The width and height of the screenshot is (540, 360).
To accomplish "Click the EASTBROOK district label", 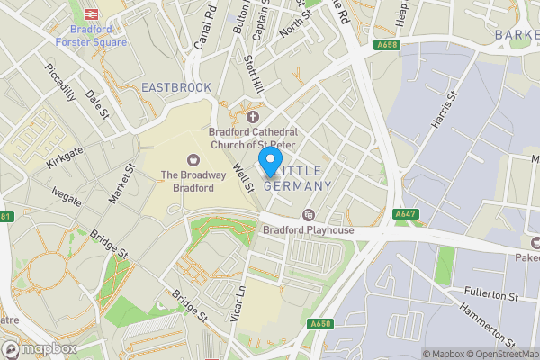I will [x=176, y=87].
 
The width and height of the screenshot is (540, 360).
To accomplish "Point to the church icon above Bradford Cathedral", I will [x=252, y=116].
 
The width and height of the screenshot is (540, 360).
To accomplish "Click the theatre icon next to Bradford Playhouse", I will [x=309, y=214].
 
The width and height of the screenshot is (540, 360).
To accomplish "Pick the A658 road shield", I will [x=387, y=44].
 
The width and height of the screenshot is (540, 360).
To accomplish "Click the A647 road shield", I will [x=405, y=214].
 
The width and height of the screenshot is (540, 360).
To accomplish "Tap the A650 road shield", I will [x=320, y=324].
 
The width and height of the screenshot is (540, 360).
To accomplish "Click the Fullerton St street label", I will [x=486, y=295].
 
